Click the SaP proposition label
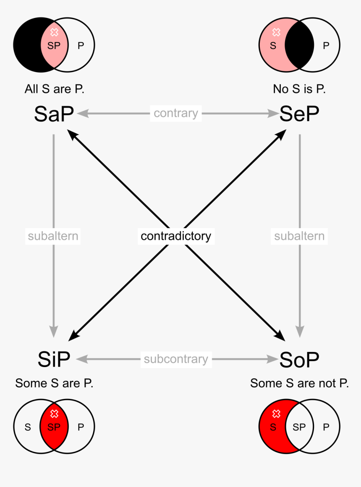[54, 114]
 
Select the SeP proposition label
[299, 114]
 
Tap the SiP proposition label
[54, 359]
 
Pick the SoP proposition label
[299, 359]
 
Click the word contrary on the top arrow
[176, 113]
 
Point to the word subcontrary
[176, 359]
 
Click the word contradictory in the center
[176, 236]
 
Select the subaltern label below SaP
[53, 236]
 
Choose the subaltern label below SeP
[299, 236]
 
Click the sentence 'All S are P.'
[55, 89]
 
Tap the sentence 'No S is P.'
[299, 89]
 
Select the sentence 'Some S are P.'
[54, 383]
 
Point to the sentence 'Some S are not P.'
[299, 383]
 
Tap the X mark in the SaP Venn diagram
[55, 32]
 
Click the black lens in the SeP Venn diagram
[299, 45]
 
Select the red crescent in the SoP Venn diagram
[273, 427]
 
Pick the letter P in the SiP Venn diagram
[81, 427]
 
